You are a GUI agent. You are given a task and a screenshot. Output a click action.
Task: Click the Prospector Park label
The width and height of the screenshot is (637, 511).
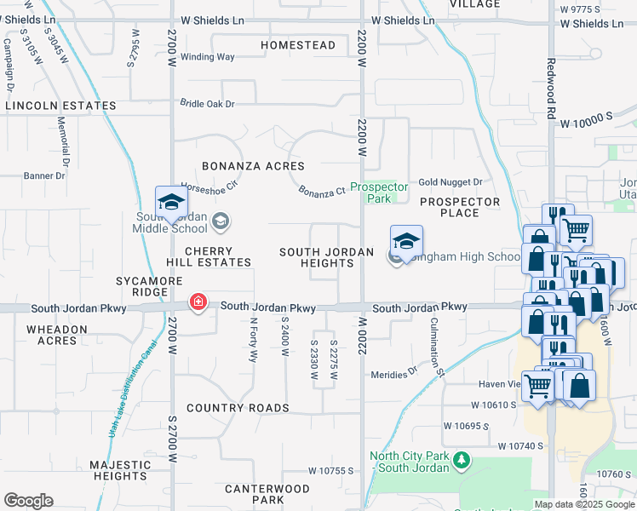pyautogui.click(x=379, y=192)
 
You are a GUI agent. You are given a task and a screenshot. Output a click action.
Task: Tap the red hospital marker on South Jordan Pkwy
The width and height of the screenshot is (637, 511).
pyautogui.click(x=198, y=303)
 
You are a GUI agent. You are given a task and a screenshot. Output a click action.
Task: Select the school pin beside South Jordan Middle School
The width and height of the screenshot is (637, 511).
pyautogui.click(x=170, y=203)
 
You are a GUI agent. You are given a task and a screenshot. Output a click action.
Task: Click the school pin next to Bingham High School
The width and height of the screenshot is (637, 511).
pyautogui.click(x=407, y=240)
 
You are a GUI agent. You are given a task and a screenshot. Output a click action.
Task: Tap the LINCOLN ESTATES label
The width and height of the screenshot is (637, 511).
pyautogui.click(x=60, y=106)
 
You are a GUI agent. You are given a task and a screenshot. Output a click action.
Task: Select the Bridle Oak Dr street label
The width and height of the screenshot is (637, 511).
pyautogui.click(x=206, y=103)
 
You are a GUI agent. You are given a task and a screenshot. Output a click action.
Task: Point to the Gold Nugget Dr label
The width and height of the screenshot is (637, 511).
pyautogui.click(x=450, y=182)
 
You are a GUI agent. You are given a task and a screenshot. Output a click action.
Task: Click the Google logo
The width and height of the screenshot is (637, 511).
pyautogui.click(x=28, y=501)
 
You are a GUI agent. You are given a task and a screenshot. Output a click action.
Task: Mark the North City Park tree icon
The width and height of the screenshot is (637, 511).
pyautogui.click(x=462, y=461)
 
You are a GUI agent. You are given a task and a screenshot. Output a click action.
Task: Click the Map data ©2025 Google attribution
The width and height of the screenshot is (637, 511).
pyautogui.click(x=583, y=504)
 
